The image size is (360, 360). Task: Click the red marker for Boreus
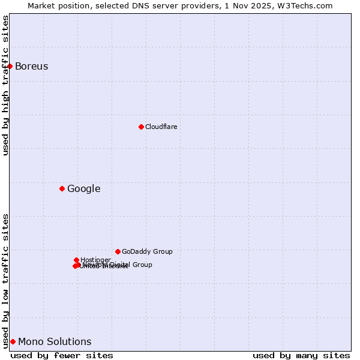10,66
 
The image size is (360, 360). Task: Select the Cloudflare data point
141,127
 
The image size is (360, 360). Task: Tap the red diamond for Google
62,188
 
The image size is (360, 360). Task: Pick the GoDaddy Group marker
118,251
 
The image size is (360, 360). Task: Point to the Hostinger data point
76,260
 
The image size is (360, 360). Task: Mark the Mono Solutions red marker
13,341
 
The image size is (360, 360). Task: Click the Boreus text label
32,66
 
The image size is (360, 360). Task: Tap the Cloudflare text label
161,127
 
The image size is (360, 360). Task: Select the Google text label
84,188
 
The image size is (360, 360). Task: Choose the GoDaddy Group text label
147,251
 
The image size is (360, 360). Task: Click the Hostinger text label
96,260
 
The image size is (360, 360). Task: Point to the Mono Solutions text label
55,341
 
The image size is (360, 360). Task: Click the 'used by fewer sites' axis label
62,355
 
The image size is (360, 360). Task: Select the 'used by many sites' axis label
301,355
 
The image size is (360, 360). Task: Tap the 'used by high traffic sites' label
5,85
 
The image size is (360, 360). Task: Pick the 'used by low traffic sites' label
5,280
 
